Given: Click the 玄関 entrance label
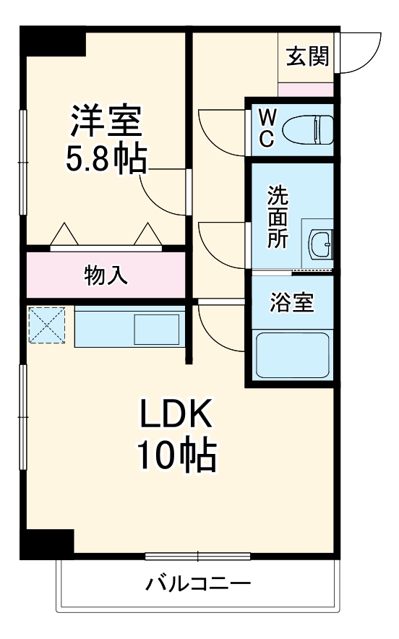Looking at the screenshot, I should tap(307, 57).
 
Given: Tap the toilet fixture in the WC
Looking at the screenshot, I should tap(306, 131).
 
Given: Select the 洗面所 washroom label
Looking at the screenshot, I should tap(277, 217).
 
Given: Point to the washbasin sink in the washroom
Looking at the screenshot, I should tap(319, 243).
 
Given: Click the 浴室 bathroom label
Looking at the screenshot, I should tap(292, 303).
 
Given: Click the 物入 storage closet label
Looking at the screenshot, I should tap(106, 275).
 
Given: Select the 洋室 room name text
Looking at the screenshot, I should tap(106, 121).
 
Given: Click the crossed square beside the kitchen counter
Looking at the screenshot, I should tap(47, 326).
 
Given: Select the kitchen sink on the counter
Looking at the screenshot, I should tap(158, 328).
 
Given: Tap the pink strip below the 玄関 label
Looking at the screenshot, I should tap(306, 90).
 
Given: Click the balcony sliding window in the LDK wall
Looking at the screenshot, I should tap(197, 556).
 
